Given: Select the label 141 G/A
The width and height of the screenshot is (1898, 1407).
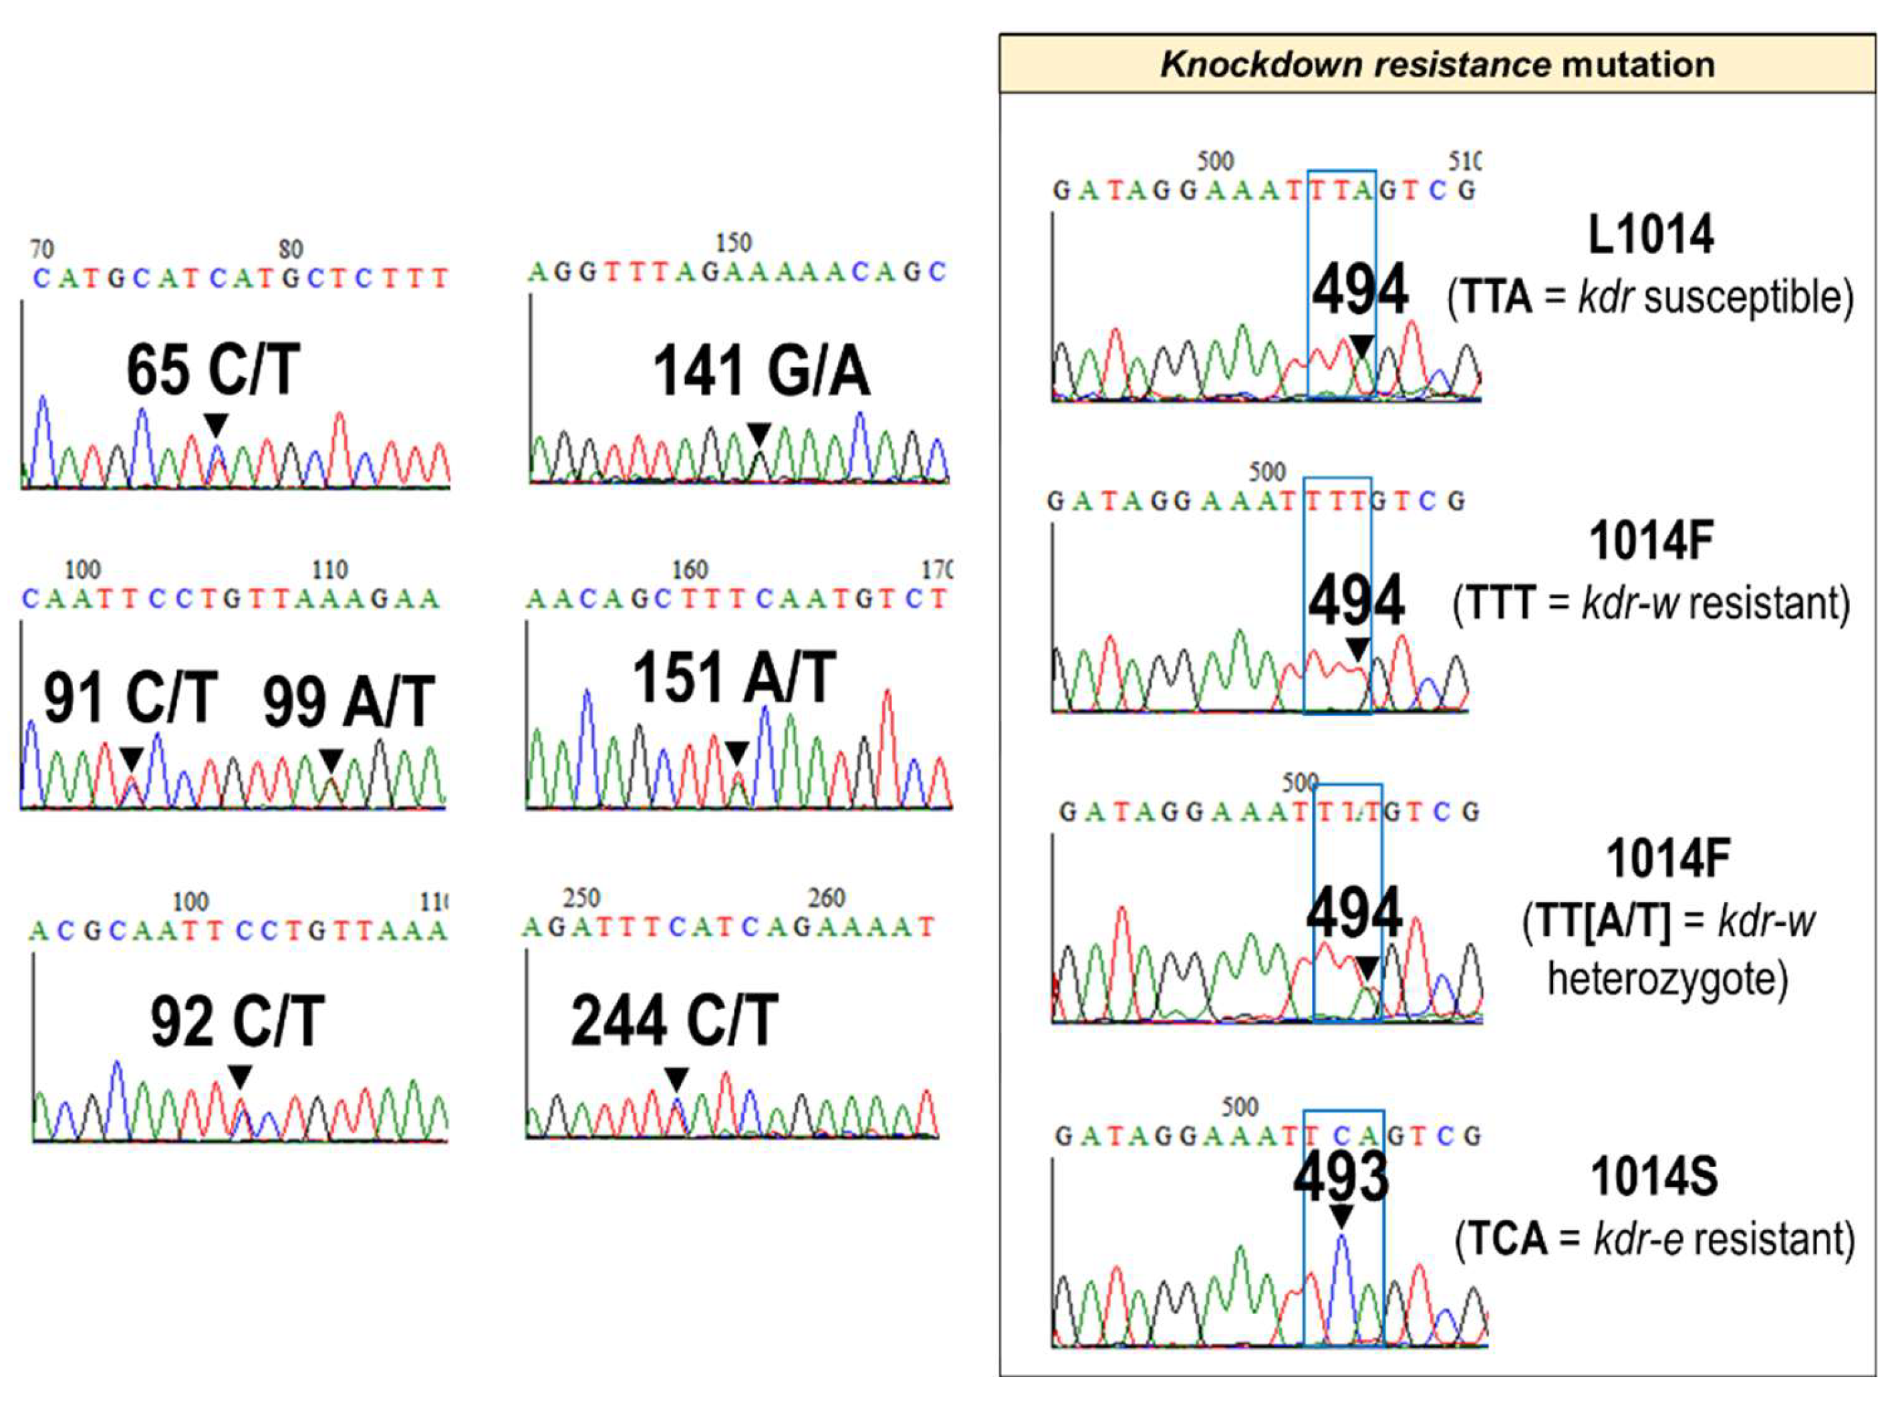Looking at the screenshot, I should [761, 372].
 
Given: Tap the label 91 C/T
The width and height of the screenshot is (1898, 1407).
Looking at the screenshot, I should [130, 697].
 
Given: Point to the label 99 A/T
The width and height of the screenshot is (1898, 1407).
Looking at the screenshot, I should [348, 701].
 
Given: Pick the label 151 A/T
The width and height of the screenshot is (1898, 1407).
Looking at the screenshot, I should [734, 678].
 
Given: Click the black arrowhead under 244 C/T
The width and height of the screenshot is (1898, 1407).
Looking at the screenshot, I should [676, 1079].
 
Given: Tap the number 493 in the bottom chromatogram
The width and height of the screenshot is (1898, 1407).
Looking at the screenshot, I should [1340, 1177].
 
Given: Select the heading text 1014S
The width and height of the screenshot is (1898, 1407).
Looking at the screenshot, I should [1653, 1177].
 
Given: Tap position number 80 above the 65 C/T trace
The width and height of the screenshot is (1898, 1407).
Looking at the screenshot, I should [291, 250].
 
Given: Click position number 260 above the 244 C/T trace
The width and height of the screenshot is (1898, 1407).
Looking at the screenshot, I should [825, 898].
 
